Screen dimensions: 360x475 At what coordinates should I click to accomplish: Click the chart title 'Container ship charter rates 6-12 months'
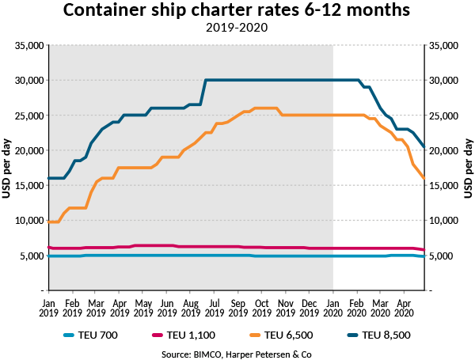coord(237,11)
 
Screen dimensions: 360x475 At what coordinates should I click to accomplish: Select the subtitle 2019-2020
coord(237,28)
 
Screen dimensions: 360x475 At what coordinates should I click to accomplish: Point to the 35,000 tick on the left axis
coord(28,46)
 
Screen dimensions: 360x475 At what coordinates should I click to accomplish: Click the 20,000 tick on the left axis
coord(28,150)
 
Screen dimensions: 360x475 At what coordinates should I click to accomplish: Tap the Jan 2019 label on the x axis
coord(48,308)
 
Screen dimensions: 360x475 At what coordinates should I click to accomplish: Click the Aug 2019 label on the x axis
coord(190,308)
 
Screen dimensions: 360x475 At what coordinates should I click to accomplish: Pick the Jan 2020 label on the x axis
coord(332,308)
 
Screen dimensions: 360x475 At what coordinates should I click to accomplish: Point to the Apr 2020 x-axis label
coord(403,308)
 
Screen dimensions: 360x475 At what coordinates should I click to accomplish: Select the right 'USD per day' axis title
coord(469,168)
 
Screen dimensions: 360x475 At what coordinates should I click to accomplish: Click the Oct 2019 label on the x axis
coord(261,308)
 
